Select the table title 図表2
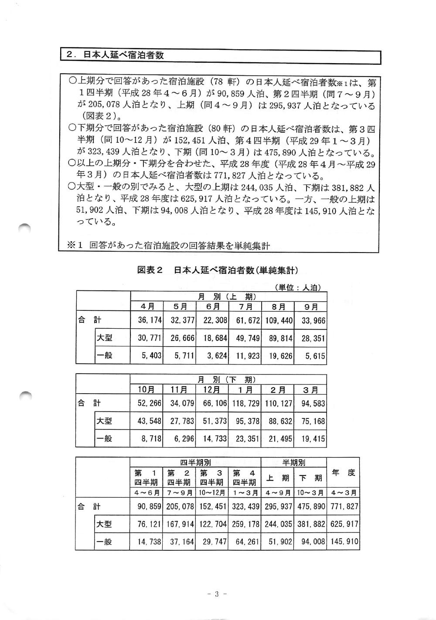[x=150, y=270]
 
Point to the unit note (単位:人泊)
[x=298, y=287]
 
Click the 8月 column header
[x=278, y=307]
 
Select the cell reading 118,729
[x=245, y=404]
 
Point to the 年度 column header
[x=343, y=473]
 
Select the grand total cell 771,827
[x=344, y=507]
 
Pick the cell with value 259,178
[x=245, y=524]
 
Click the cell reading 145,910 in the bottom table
[x=344, y=542]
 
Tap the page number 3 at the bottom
[x=217, y=593]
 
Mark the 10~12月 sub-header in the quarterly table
[x=212, y=493]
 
